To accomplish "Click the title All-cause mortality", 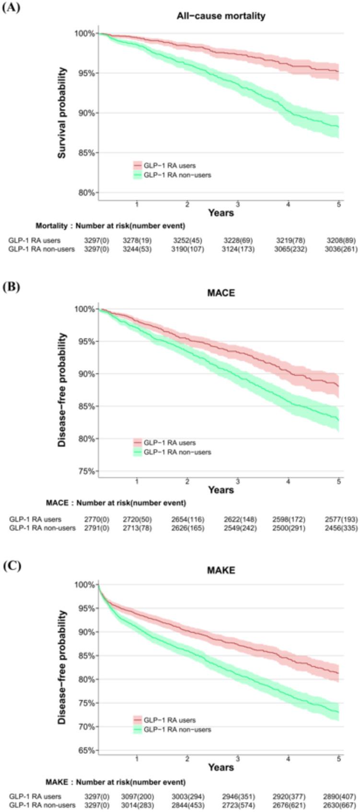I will (221, 16).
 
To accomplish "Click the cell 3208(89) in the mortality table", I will (342, 240).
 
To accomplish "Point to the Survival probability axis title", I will (62, 113).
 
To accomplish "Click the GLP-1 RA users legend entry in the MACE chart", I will (169, 443).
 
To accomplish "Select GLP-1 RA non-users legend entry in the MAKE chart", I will (177, 729).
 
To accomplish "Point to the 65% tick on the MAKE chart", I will (87, 750).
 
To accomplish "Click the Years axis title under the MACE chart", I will (221, 490).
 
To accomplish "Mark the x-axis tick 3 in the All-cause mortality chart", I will (238, 204).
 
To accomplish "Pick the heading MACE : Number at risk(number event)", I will (116, 503).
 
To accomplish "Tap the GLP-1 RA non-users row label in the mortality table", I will (42, 249).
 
